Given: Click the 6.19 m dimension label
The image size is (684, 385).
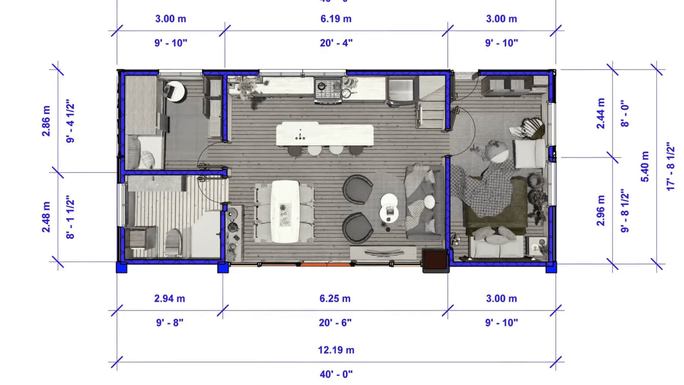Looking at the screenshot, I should (x=336, y=19).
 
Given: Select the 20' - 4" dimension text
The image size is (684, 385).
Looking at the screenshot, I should (x=336, y=43).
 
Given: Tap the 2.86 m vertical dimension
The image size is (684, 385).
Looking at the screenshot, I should (x=46, y=121).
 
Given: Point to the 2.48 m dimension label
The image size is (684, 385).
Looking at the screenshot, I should (x=46, y=217).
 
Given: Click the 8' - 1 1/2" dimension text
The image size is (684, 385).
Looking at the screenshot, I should (x=70, y=217).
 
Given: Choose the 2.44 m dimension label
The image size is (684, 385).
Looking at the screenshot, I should (x=601, y=113).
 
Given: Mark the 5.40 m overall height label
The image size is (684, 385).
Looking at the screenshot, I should (x=645, y=167).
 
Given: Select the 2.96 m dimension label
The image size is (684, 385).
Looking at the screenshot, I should (x=601, y=210).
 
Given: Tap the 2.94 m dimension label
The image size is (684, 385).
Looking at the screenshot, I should (x=169, y=299).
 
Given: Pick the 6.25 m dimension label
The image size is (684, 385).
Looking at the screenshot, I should (x=335, y=299).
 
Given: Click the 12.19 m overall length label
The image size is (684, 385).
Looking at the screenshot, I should (x=336, y=350).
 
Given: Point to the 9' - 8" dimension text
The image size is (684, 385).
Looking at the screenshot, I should (x=169, y=323).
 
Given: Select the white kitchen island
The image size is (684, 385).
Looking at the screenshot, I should (x=325, y=134).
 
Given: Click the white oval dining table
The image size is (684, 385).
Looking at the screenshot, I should (x=285, y=211).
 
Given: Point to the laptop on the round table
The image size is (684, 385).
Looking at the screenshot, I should (x=169, y=91).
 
